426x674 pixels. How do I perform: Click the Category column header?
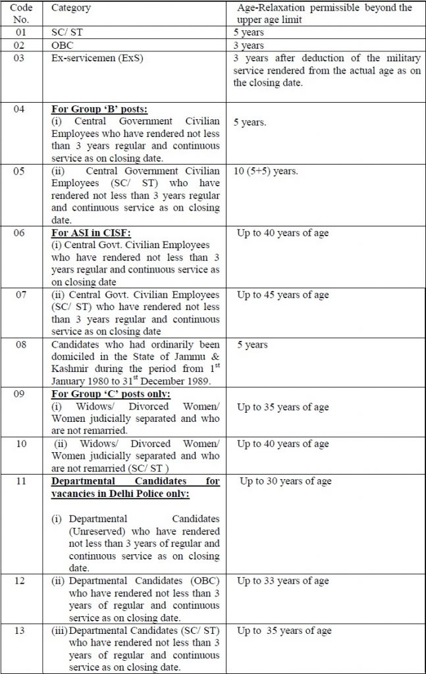[x=71, y=9]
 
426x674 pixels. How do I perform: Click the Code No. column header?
[x=22, y=13]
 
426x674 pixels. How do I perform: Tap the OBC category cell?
[x=64, y=46]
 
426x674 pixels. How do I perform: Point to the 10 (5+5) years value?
[x=266, y=171]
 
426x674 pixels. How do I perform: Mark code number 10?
[x=22, y=444]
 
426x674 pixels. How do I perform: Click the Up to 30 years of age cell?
[x=285, y=481]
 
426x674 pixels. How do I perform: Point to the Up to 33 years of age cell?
[x=282, y=581]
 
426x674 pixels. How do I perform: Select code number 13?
[x=22, y=631]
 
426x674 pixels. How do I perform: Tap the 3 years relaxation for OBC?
[x=248, y=46]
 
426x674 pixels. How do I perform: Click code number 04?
[x=22, y=109]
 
